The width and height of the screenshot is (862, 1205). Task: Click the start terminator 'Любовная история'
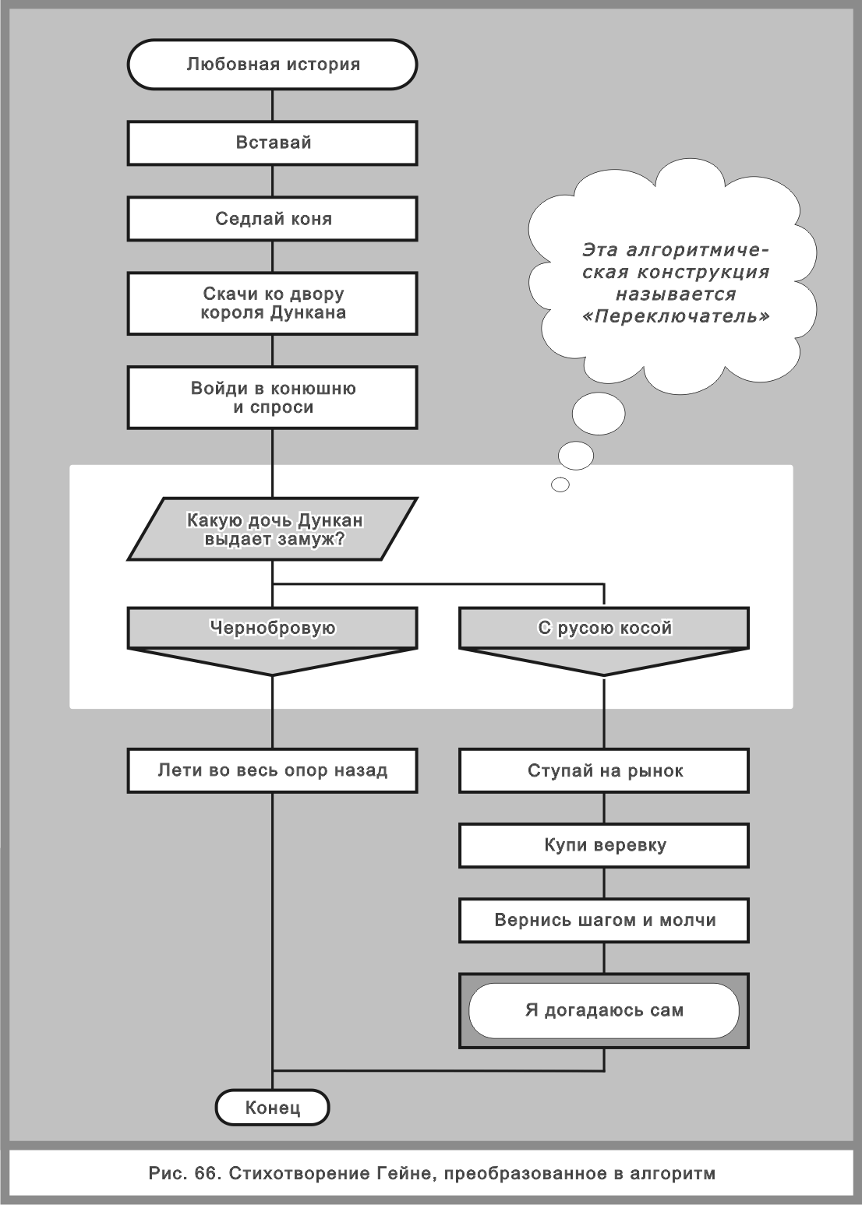point(272,65)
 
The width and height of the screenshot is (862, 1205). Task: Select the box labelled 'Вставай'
point(272,143)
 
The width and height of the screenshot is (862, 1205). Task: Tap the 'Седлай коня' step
point(272,219)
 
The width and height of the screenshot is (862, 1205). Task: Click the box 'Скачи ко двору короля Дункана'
point(272,303)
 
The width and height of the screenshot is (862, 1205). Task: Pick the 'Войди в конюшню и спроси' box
point(272,397)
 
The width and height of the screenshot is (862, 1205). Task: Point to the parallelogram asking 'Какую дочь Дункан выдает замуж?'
point(272,529)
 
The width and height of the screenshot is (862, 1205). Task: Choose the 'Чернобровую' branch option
point(272,629)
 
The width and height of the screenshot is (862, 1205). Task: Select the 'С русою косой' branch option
point(604,629)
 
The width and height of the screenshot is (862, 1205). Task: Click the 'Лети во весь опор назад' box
point(272,770)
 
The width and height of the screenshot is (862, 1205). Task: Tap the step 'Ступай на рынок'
point(604,771)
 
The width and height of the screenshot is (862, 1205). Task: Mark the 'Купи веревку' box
point(604,846)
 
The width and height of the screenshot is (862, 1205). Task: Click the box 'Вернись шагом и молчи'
point(604,921)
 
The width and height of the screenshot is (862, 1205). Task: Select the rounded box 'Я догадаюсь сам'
point(604,1010)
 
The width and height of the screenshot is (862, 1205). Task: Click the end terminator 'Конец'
point(272,1108)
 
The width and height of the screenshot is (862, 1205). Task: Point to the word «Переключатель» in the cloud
point(676,316)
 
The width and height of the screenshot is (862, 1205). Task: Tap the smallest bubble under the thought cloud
point(560,484)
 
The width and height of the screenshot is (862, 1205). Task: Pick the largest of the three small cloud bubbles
point(598,413)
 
